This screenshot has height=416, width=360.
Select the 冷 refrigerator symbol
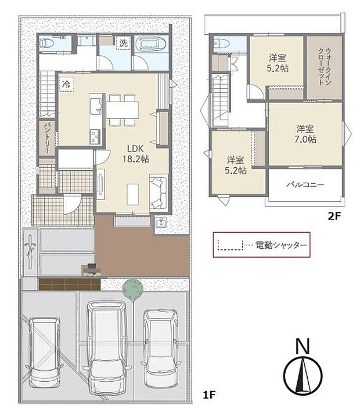pos(67,84)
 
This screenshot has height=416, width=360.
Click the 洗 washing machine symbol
pos(123,42)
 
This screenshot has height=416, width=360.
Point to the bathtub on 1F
pos(151,45)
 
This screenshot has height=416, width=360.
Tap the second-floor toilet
pos(221,43)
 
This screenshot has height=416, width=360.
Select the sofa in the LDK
pos(159,191)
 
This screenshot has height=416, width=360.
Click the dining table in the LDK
pos(123,108)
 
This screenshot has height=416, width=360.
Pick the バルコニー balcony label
pos(304,185)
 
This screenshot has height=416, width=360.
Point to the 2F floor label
pos(333,215)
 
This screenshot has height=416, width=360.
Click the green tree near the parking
pos(133,288)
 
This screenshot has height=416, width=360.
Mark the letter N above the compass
pos(301,346)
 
